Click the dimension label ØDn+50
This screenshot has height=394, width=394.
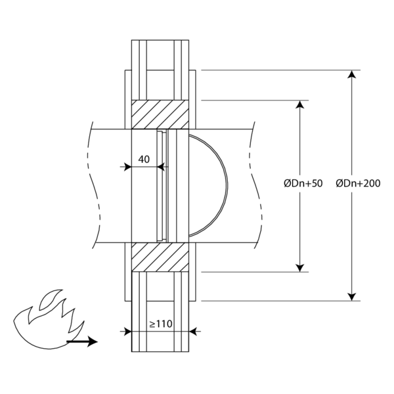click(x=303, y=185)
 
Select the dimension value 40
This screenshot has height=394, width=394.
click(x=144, y=159)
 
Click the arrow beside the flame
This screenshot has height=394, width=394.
click(x=82, y=341)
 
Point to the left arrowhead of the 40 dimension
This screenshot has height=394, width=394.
click(x=126, y=167)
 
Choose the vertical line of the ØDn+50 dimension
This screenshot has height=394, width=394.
click(x=301, y=217)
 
